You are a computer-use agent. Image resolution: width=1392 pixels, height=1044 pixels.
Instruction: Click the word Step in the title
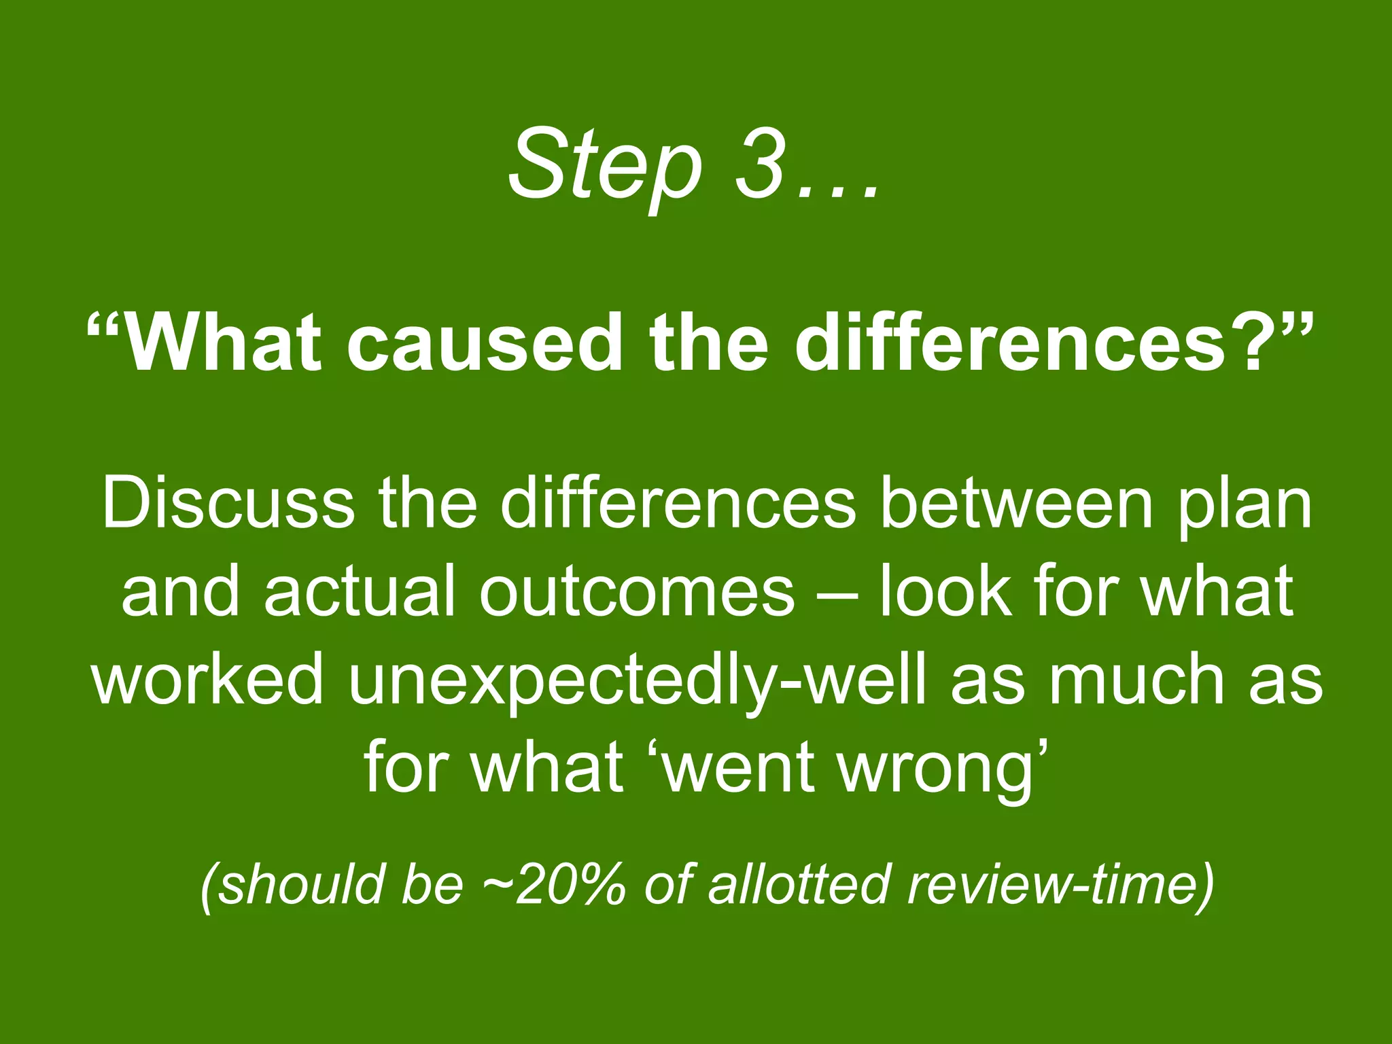click(605, 167)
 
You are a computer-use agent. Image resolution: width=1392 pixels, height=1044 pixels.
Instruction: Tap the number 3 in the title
click(759, 164)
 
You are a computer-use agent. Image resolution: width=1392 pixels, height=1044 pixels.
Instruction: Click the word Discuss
click(228, 504)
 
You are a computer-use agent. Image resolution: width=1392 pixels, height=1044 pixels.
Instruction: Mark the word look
click(945, 592)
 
